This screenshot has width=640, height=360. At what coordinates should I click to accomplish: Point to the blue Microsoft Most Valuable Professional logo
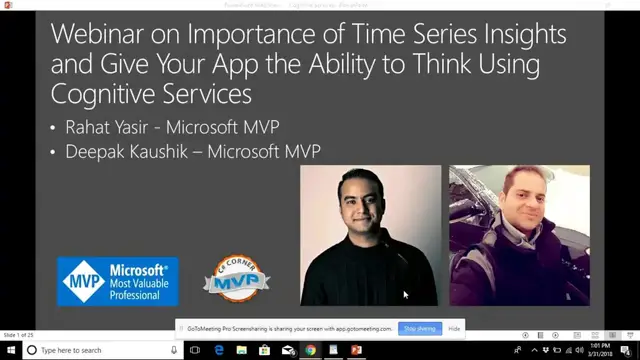pyautogui.click(x=118, y=281)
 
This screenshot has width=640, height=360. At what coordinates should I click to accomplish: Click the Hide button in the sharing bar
pyautogui.click(x=454, y=328)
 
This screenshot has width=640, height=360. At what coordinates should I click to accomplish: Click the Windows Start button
pyautogui.click(x=9, y=350)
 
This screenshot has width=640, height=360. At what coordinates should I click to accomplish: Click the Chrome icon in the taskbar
pyautogui.click(x=311, y=350)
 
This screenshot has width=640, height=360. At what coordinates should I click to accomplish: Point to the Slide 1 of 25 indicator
pyautogui.click(x=20, y=335)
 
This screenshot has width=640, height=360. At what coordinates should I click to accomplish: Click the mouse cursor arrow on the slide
pyautogui.click(x=405, y=294)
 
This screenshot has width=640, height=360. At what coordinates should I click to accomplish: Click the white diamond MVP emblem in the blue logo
pyautogui.click(x=79, y=281)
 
